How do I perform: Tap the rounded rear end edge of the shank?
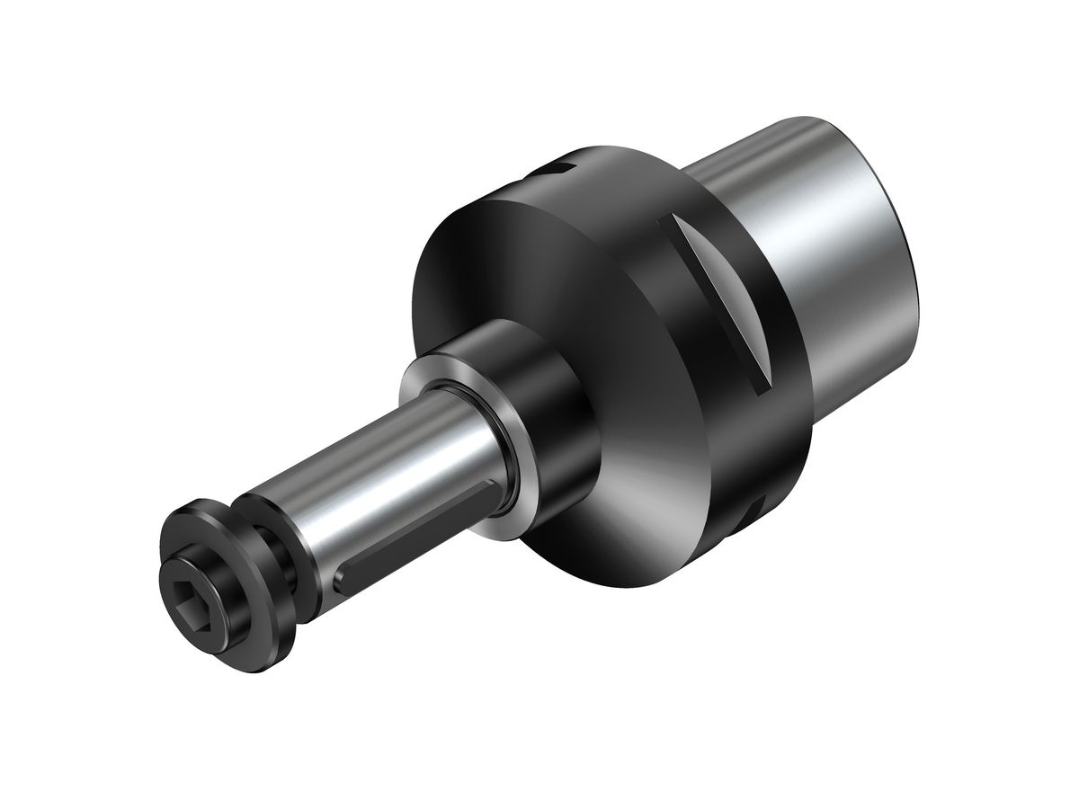coord(917,270)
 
